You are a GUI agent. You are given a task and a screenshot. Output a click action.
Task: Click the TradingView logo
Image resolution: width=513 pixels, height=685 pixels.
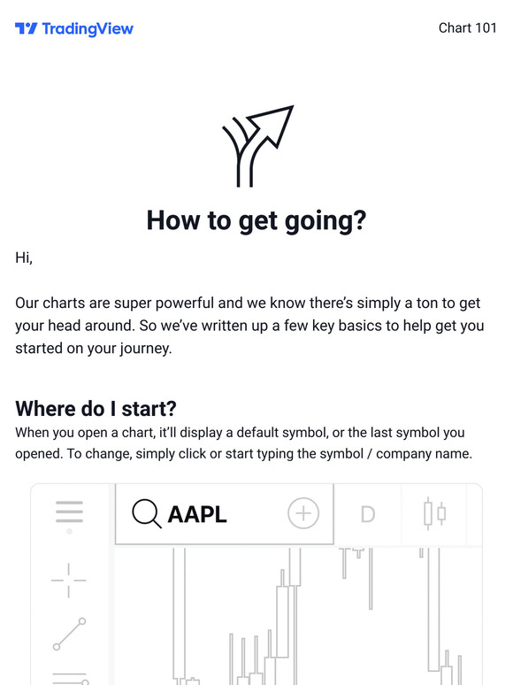(74, 28)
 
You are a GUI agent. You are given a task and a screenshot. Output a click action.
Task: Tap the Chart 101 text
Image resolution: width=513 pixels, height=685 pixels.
(467, 28)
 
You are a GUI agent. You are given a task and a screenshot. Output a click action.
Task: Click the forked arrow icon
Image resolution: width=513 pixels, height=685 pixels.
(256, 146)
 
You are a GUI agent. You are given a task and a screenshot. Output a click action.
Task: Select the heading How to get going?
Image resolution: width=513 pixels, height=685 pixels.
(256, 219)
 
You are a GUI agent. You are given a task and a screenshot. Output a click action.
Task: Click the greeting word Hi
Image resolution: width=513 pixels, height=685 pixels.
(23, 258)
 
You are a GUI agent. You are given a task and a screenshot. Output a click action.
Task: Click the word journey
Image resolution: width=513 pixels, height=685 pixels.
(143, 348)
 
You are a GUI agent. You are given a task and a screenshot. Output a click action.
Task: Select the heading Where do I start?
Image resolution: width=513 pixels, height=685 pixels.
(96, 409)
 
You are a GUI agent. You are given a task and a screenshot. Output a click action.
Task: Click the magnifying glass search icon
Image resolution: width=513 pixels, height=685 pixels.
(146, 512)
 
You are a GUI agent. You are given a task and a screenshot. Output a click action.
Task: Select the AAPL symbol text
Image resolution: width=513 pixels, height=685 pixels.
(197, 513)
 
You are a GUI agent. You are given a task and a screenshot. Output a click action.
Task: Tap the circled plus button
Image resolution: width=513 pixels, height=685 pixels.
(302, 513)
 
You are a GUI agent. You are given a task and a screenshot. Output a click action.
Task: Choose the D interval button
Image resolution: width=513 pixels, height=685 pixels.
(367, 513)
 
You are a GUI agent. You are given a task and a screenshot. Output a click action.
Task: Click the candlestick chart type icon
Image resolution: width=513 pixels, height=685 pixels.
(434, 513)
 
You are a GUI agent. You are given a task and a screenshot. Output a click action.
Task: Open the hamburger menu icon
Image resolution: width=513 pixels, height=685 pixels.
(69, 512)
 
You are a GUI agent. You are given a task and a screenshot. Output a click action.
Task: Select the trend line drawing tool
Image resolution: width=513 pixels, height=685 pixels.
(69, 634)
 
